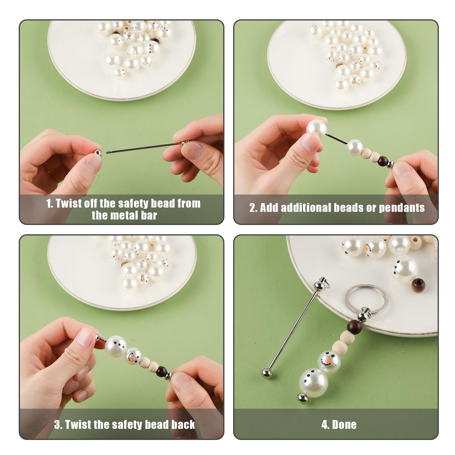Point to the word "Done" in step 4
coord(344,425)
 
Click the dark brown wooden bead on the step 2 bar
coord(383,159)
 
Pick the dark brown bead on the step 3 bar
coord(161,371)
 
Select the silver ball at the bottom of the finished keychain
coord(302,398)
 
